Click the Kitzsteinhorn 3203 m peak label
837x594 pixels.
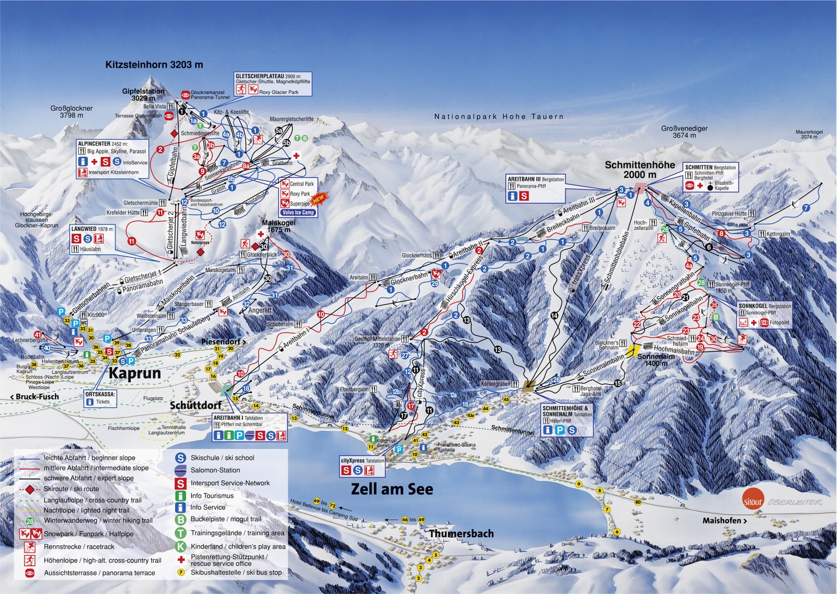click(x=154, y=65)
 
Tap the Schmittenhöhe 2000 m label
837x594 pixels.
click(x=639, y=169)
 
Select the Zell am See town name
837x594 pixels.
click(x=392, y=489)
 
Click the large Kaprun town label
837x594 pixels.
click(x=134, y=373)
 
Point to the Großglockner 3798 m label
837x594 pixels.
click(x=72, y=111)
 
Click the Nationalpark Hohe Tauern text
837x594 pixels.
click(x=499, y=117)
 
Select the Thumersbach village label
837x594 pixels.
click(x=461, y=534)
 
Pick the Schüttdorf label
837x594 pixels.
click(x=196, y=405)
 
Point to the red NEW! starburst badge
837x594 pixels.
click(x=319, y=199)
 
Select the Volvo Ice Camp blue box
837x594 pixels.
click(x=298, y=212)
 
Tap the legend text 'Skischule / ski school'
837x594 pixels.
click(x=222, y=458)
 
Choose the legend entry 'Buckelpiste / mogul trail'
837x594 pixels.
click(x=225, y=519)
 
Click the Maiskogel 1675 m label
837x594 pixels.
click(x=278, y=226)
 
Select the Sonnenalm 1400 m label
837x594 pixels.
click(x=655, y=360)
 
